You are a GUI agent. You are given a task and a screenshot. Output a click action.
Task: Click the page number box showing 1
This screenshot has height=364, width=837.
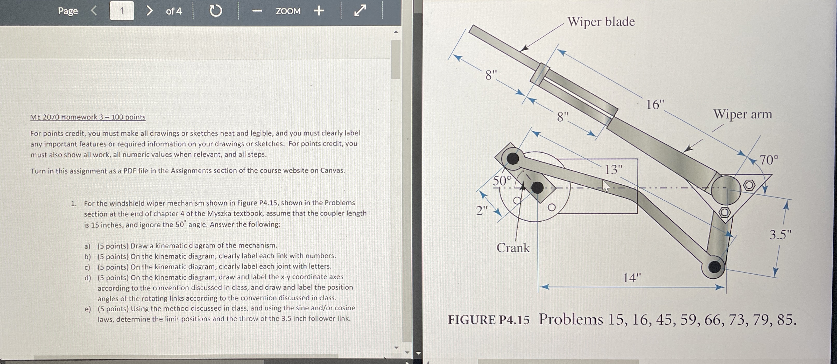(122, 11)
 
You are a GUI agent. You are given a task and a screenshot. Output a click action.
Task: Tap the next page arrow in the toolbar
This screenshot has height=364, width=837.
(149, 11)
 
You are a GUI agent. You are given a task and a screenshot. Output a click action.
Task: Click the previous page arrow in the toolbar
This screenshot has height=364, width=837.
(94, 11)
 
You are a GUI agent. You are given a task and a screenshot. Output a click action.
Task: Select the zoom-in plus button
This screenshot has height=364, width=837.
(319, 11)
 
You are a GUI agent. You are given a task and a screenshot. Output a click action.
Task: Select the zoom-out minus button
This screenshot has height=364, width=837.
(257, 11)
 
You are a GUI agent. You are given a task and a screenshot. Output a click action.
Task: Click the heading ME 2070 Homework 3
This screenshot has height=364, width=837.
(88, 117)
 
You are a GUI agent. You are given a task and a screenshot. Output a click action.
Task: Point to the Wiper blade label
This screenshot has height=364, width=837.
(601, 22)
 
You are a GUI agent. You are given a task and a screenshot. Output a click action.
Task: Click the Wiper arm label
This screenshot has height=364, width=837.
(742, 114)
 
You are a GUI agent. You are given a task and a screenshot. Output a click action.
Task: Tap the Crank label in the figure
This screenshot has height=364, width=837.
(513, 248)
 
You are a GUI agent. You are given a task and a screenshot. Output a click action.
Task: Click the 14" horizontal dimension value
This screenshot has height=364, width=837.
(632, 278)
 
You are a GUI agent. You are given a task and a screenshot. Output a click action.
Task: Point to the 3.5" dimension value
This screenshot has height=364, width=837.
(780, 235)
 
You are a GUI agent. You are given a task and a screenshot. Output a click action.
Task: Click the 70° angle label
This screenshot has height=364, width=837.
(769, 160)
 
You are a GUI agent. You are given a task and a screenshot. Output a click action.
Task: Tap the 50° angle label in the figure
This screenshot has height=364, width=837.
(502, 181)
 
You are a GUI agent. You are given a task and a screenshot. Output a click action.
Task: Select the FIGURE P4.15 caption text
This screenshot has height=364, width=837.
(488, 320)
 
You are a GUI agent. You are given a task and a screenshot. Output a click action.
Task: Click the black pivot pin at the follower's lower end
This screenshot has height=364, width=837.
(714, 267)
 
